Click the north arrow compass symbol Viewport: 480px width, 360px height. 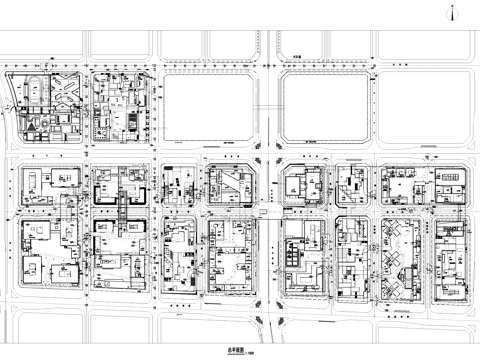tap(456, 13)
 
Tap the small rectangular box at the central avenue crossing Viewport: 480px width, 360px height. tap(263, 212)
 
